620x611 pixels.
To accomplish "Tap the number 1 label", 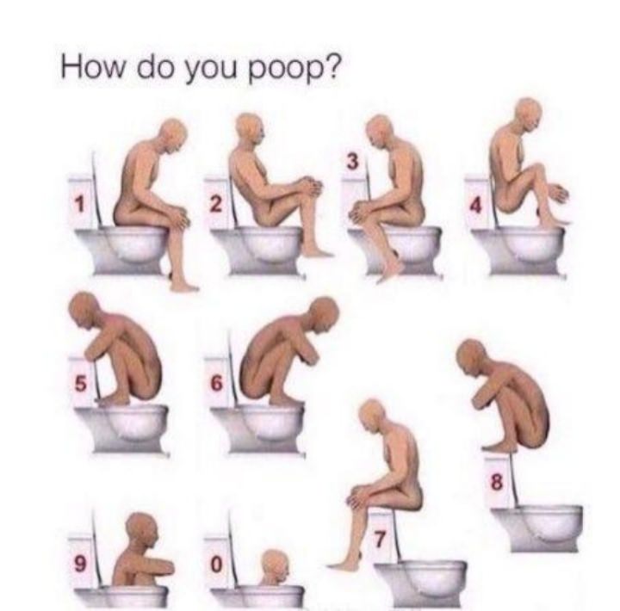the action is (x=80, y=204).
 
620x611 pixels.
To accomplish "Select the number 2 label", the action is (x=216, y=204).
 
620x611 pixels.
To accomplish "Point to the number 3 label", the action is (x=353, y=162).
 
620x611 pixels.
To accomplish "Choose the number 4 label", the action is (x=475, y=206).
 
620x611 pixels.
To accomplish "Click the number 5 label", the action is (x=80, y=383).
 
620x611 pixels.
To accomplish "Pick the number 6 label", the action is (x=216, y=383).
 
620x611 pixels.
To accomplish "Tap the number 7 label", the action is (x=380, y=540).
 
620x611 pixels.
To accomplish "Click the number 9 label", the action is (x=80, y=564).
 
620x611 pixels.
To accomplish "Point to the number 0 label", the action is (x=216, y=564).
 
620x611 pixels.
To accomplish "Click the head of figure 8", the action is (x=472, y=355).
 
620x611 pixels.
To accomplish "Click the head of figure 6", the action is (x=324, y=313).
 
